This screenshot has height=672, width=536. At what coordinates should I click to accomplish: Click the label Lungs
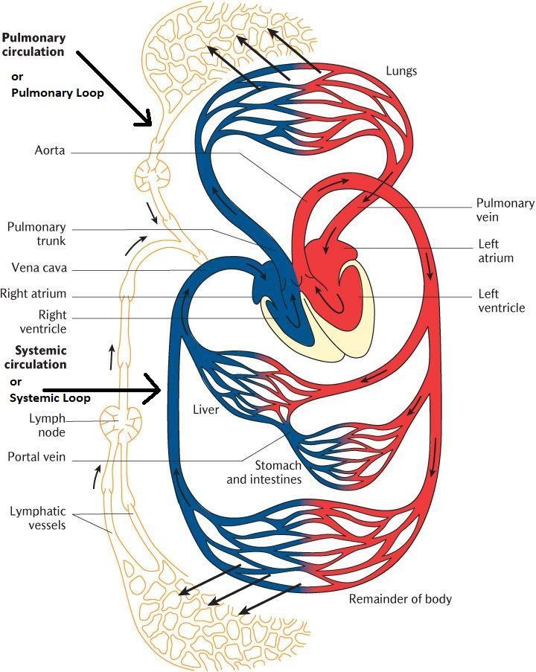(x=401, y=71)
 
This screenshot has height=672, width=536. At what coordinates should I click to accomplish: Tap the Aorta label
(x=50, y=150)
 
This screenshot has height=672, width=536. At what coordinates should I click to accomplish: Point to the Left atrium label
(x=497, y=251)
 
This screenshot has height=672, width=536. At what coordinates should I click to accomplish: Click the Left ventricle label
(x=501, y=301)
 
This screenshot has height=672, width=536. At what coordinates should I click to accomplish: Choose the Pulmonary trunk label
(x=36, y=234)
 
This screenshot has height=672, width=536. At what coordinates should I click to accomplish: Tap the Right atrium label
(x=33, y=294)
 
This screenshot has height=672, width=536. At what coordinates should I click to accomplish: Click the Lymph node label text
(x=48, y=425)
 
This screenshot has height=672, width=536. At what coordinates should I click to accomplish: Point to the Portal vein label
(x=36, y=457)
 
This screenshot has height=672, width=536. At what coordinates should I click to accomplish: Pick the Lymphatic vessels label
(x=38, y=518)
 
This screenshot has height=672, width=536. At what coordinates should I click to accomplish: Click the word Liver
(x=205, y=410)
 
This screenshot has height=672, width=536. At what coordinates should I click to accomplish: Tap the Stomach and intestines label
(x=264, y=472)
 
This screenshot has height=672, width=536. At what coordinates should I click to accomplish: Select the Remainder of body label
(x=400, y=598)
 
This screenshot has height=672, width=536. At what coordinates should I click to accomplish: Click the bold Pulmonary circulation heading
(x=33, y=45)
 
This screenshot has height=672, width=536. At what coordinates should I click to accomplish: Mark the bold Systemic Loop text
(x=50, y=398)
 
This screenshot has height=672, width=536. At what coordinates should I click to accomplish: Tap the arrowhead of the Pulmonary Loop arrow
(x=146, y=119)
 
